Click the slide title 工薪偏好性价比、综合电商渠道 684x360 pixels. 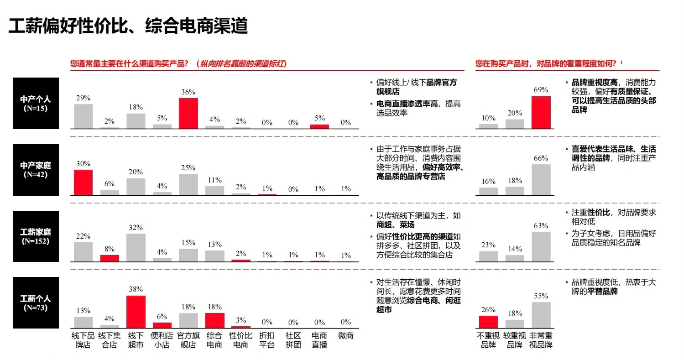coord(128,26)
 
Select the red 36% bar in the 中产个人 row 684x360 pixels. coord(188,113)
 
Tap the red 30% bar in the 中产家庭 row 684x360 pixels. coord(83,183)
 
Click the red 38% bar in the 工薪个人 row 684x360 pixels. coord(136,312)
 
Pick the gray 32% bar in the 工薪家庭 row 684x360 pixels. coord(136,248)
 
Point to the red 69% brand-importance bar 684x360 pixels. coord(541,112)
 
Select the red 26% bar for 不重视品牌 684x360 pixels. coord(488,322)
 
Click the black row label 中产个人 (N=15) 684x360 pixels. coord(36,104)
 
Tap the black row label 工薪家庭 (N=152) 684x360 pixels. coord(36,236)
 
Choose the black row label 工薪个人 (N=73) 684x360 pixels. coord(36,303)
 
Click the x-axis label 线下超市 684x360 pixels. coord(136,340)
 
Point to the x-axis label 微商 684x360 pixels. coord(345,336)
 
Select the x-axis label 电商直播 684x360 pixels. coord(319,340)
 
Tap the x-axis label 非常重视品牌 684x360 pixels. coord(541,340)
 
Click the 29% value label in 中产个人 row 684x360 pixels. coord(83,98)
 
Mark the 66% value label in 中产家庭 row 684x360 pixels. coord(541,158)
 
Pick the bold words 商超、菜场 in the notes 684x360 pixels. coord(396,225)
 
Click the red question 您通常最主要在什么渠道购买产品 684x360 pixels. coord(129,64)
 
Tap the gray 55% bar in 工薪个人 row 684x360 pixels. coord(541,315)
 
